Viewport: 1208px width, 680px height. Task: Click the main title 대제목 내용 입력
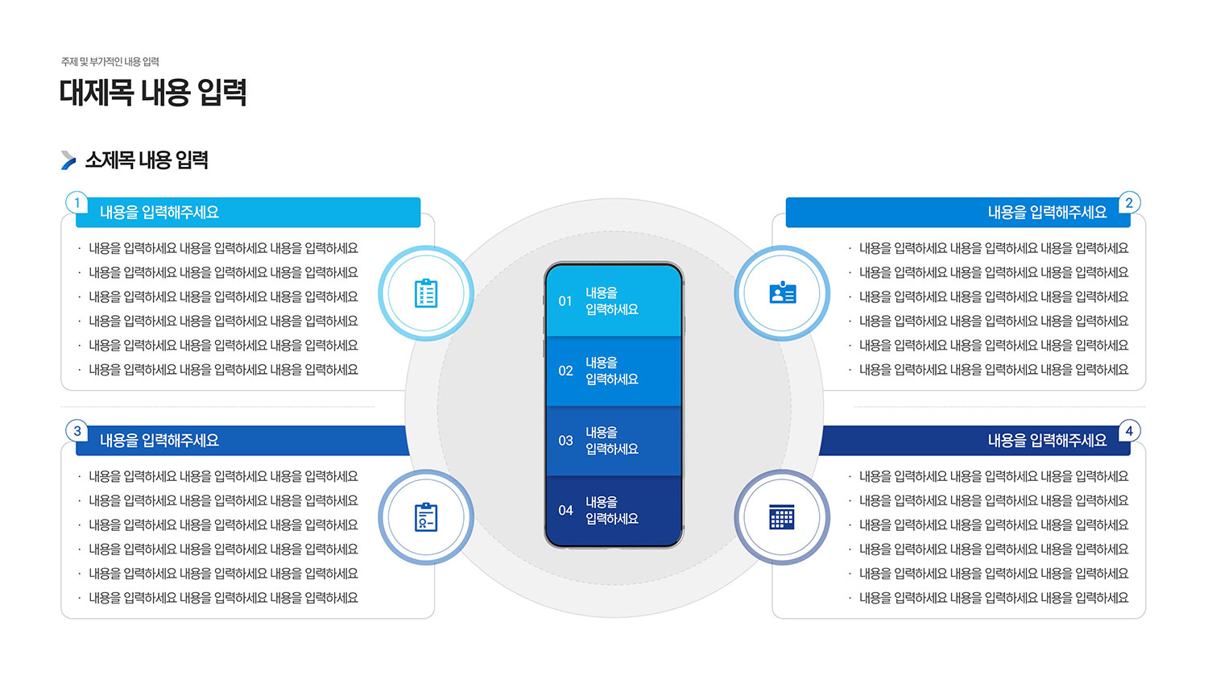coord(153,93)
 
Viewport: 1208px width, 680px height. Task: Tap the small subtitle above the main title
coord(110,62)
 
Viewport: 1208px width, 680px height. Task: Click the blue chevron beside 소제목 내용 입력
coord(68,160)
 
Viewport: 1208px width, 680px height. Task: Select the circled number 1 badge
coord(77,203)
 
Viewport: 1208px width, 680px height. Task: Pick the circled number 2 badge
coord(1129,203)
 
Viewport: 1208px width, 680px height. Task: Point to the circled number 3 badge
coord(77,431)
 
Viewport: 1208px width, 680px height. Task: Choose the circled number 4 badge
coord(1129,431)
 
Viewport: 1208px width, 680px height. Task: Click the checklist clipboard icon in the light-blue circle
coord(426,293)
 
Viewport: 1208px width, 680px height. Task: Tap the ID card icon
coord(783,292)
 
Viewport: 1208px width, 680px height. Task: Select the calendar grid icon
coord(782,517)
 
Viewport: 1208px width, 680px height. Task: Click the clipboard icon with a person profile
coord(426,517)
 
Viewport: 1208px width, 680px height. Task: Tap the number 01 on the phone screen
coord(565,301)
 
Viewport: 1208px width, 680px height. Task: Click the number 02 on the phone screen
coord(565,371)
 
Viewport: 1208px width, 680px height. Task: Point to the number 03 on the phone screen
coord(565,441)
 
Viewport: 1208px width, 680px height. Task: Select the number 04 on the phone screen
coord(565,510)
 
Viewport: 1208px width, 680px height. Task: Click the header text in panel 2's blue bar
coord(1047,213)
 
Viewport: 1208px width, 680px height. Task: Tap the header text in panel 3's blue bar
coord(159,441)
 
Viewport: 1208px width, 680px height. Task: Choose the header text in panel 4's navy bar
coord(1047,441)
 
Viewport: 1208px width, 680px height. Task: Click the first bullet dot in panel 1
coord(79,248)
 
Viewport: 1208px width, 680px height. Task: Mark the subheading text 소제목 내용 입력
coord(147,160)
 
